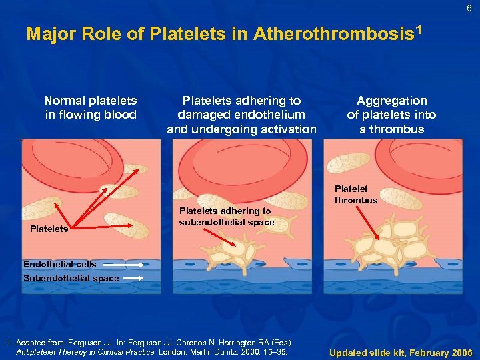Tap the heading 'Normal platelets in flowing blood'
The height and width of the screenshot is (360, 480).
tap(91, 107)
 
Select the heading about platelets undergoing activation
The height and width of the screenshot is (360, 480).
tap(241, 115)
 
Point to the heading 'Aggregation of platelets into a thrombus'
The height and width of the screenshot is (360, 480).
tap(391, 115)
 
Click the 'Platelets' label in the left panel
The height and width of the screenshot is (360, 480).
tap(49, 229)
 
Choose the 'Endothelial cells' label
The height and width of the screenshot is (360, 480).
tap(59, 264)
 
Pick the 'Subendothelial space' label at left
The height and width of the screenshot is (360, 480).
tap(71, 278)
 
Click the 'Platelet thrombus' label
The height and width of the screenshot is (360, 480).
tap(355, 195)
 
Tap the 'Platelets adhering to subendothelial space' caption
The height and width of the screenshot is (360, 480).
tap(226, 217)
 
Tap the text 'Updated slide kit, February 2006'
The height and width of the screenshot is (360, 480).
tap(401, 351)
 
